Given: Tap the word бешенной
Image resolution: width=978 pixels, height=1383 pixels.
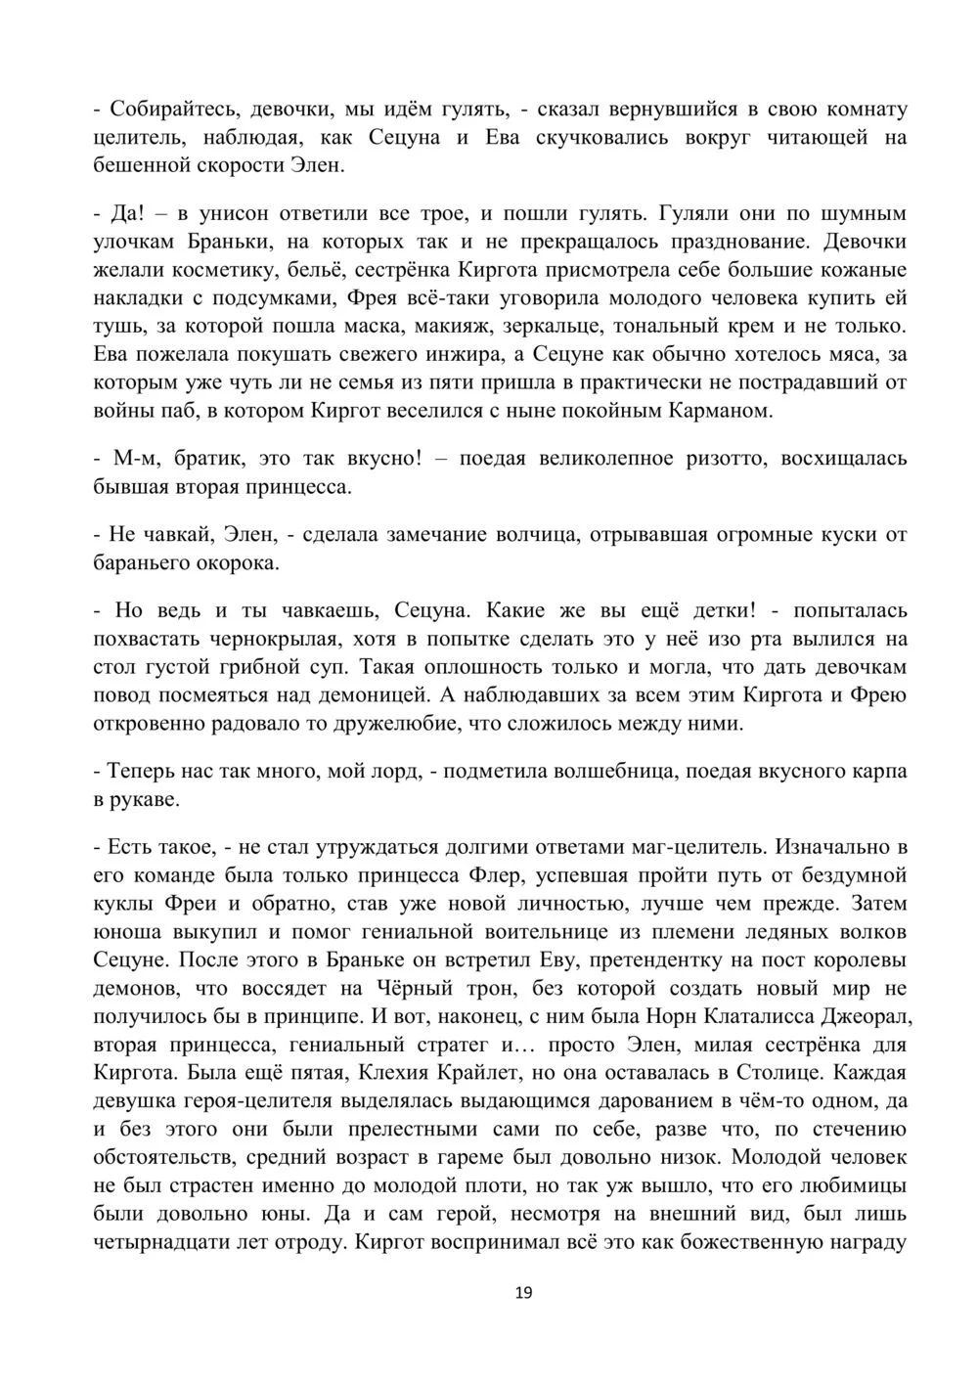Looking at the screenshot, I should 138,165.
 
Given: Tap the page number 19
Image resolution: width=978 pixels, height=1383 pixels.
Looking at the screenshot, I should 523,1293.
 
